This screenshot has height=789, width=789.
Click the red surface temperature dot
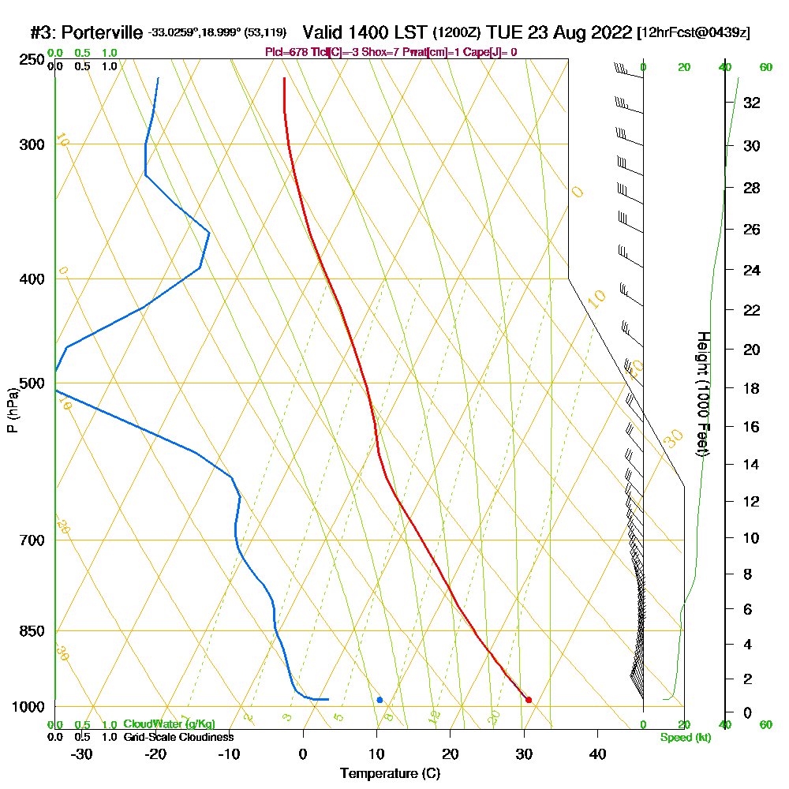click(x=529, y=700)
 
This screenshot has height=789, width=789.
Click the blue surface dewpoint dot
click(x=380, y=700)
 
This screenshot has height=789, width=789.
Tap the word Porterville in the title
click(x=103, y=33)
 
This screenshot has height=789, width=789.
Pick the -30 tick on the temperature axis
click(x=82, y=754)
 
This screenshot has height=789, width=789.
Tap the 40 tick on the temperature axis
click(x=597, y=754)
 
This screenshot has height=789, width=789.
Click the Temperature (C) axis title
click(x=390, y=774)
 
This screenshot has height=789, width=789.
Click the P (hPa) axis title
click(x=12, y=410)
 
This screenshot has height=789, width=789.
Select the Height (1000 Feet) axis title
click(x=702, y=394)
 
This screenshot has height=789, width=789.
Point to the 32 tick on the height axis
click(x=751, y=103)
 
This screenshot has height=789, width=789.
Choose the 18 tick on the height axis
click(x=751, y=388)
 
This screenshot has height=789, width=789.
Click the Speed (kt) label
click(x=686, y=738)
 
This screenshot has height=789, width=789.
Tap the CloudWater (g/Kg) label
click(x=169, y=724)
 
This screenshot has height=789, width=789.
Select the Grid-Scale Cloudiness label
click(x=178, y=737)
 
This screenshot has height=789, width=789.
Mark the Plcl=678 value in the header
click(x=289, y=52)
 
